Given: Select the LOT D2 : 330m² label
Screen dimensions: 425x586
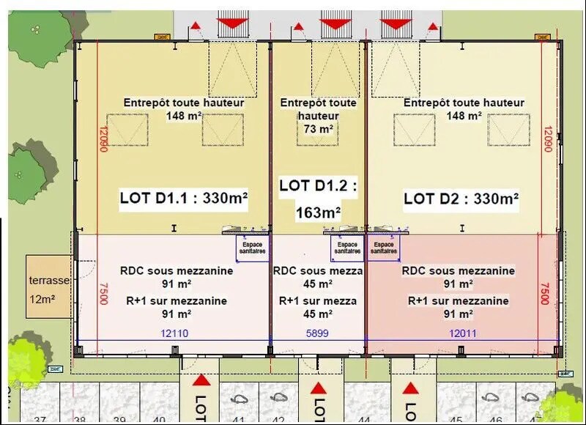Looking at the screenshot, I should pyautogui.click(x=461, y=198).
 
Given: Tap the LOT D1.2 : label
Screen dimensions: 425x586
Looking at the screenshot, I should pyautogui.click(x=318, y=185).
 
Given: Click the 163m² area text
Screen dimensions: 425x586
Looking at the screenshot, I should pyautogui.click(x=318, y=212).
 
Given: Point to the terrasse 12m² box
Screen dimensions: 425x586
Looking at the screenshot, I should pyautogui.click(x=48, y=286).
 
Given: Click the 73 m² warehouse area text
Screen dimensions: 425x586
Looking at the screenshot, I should pyautogui.click(x=318, y=128).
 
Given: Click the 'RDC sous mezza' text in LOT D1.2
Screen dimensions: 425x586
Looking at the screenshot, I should pyautogui.click(x=318, y=270).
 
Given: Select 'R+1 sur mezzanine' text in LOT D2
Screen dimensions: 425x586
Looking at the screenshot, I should pyautogui.click(x=458, y=300).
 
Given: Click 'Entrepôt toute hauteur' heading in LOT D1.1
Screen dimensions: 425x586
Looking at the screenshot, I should pyautogui.click(x=184, y=103).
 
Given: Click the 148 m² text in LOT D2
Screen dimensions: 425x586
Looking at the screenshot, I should pyautogui.click(x=464, y=115).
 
